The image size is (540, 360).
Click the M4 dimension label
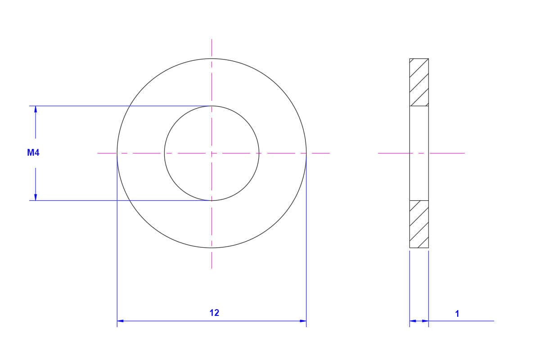(33, 153)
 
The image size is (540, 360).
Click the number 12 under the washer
(214, 313)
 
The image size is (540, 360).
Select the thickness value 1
(457, 314)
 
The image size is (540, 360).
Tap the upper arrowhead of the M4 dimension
(36, 109)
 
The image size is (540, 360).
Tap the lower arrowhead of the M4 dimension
(36, 197)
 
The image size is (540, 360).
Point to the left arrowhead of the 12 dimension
(120, 321)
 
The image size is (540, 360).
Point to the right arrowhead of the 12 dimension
(303, 321)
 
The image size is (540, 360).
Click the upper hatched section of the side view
(419, 82)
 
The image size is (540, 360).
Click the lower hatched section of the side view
(419, 224)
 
